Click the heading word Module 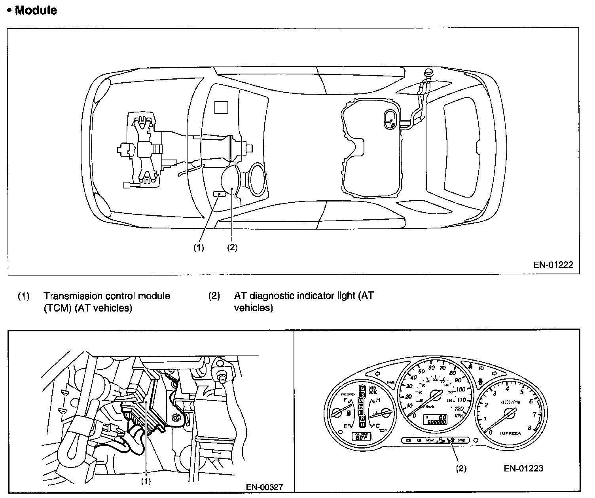point(36,10)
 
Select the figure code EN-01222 point(553,265)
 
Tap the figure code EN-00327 point(264,487)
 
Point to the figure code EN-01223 point(523,468)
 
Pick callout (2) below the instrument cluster point(461,468)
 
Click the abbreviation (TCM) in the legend point(58,308)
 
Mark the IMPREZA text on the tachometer point(510,433)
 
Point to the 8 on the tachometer point(529,428)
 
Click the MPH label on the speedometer point(459,416)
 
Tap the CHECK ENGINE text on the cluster point(372,390)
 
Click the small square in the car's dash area point(221,107)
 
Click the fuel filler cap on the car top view point(428,73)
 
